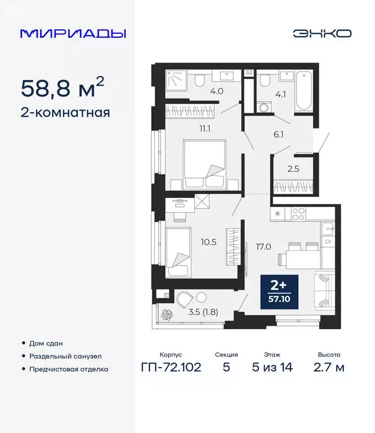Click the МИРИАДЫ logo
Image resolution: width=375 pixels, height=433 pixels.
pyautogui.click(x=73, y=33)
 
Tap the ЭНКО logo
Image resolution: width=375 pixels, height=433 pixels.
pyautogui.click(x=322, y=33)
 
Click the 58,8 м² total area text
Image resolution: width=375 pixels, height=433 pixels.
pyautogui.click(x=62, y=88)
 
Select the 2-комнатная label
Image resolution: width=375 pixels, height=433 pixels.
pyautogui.click(x=65, y=112)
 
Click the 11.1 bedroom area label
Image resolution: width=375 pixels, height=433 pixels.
pyautogui.click(x=205, y=129)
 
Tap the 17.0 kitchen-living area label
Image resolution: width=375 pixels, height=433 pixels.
pyautogui.click(x=263, y=246)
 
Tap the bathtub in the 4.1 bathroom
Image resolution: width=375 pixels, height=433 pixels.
pyautogui.click(x=303, y=90)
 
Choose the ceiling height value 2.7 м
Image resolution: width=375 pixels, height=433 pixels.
pyautogui.click(x=328, y=368)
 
